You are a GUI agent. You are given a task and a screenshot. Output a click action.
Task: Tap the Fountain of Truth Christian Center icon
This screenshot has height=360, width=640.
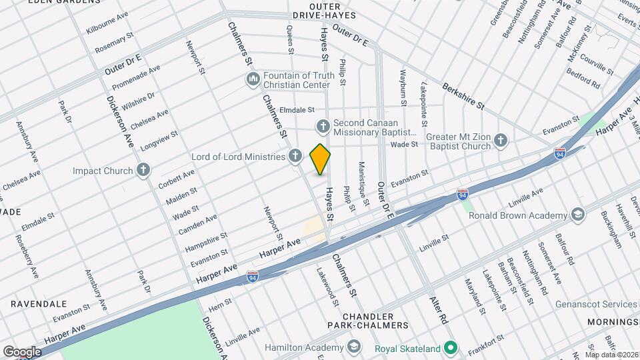point(253,80)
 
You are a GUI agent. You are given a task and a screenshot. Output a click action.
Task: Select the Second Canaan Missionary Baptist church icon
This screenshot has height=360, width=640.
point(323,126)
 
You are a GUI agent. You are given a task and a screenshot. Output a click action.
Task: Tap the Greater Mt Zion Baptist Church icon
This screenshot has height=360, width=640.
point(501,141)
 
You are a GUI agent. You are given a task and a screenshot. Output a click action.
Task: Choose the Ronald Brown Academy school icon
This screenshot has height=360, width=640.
point(577,215)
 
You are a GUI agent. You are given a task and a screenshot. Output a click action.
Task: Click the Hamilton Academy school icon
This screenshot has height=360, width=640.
point(353,347)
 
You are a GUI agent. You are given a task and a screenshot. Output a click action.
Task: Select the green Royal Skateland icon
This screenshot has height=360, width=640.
point(451,347)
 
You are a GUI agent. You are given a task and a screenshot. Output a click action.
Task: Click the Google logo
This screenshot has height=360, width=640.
point(21,351)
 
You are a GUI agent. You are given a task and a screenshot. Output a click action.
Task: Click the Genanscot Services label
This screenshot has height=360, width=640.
point(596,304)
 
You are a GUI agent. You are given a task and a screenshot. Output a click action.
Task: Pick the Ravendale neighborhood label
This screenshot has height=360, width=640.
point(38,303)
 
